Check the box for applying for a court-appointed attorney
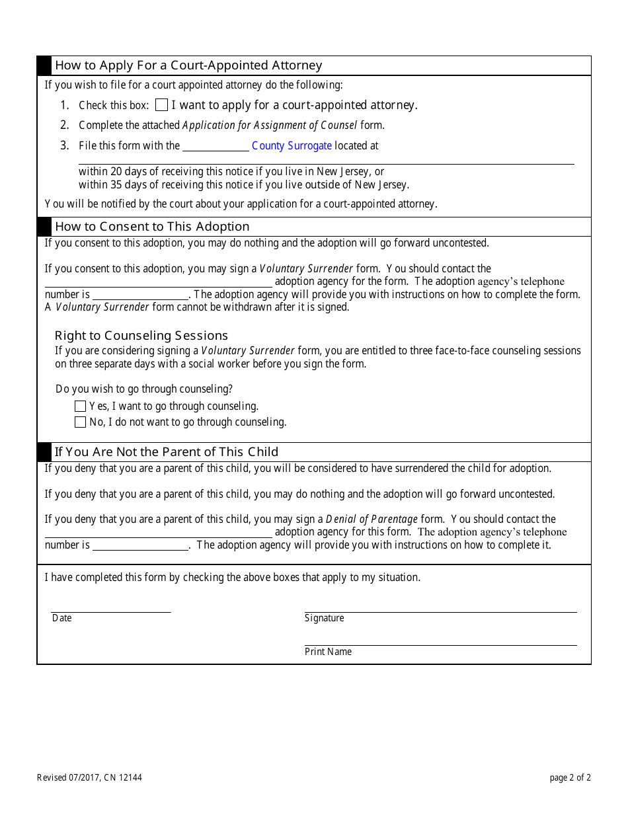(161, 105)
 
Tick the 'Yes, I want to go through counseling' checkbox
(81, 406)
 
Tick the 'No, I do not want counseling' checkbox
(81, 422)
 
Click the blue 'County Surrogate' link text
(292, 145)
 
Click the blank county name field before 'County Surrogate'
(216, 146)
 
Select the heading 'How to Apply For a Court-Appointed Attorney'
(188, 65)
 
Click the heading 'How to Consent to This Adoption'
(152, 227)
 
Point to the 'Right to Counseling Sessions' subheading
(141, 335)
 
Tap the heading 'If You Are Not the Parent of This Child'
(167, 452)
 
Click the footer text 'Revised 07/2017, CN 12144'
(89, 778)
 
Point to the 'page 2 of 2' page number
(570, 778)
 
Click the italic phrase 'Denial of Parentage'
(372, 519)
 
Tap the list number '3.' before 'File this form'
(64, 145)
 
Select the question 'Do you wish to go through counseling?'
(144, 389)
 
